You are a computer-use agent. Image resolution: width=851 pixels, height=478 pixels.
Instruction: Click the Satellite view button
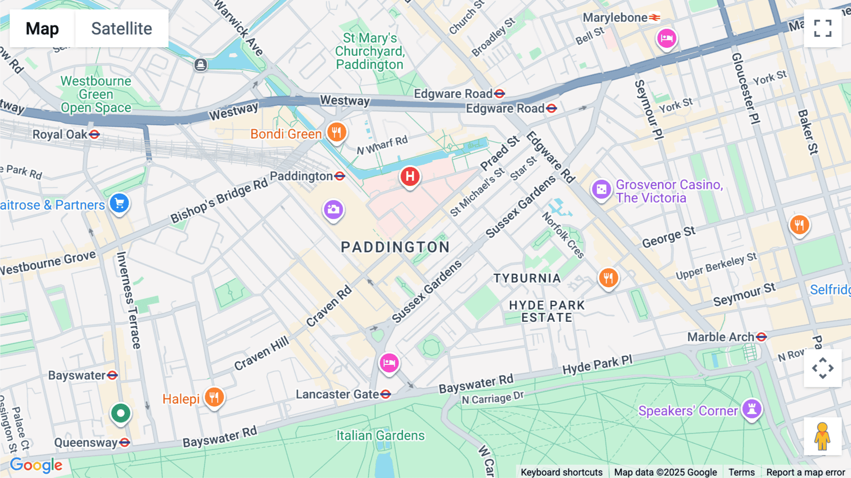point(122,28)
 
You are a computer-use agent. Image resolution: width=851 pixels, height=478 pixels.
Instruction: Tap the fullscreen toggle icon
point(823,28)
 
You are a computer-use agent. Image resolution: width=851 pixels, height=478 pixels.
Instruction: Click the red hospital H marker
point(410,177)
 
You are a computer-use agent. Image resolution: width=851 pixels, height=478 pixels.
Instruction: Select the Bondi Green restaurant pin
point(337,133)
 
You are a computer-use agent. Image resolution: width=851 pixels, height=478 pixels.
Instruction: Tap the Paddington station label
point(301,177)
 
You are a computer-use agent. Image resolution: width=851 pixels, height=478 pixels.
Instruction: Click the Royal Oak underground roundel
point(95,134)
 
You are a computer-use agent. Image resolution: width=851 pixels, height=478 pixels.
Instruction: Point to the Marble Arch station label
point(721,337)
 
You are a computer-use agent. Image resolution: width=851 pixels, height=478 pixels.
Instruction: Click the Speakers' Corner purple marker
point(752,408)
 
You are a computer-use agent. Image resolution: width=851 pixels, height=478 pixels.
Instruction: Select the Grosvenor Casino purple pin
point(601,190)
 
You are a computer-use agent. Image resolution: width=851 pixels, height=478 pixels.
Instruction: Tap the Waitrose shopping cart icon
point(119,204)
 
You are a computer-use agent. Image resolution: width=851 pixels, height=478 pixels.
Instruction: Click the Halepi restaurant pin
point(214,397)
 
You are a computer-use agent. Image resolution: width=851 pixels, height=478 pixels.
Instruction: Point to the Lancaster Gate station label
point(337,394)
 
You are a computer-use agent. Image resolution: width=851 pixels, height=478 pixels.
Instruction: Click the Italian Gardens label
point(381,435)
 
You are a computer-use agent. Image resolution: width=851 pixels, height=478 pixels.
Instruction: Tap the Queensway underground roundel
point(125,443)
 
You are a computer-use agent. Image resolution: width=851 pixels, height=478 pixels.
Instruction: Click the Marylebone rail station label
point(615,18)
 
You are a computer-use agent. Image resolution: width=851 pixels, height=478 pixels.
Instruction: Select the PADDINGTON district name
point(395,247)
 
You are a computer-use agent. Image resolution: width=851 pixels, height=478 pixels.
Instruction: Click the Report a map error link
point(806,472)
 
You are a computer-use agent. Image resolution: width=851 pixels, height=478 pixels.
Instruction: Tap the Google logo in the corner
point(36,465)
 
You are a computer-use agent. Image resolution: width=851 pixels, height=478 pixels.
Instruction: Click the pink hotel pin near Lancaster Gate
point(389,363)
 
